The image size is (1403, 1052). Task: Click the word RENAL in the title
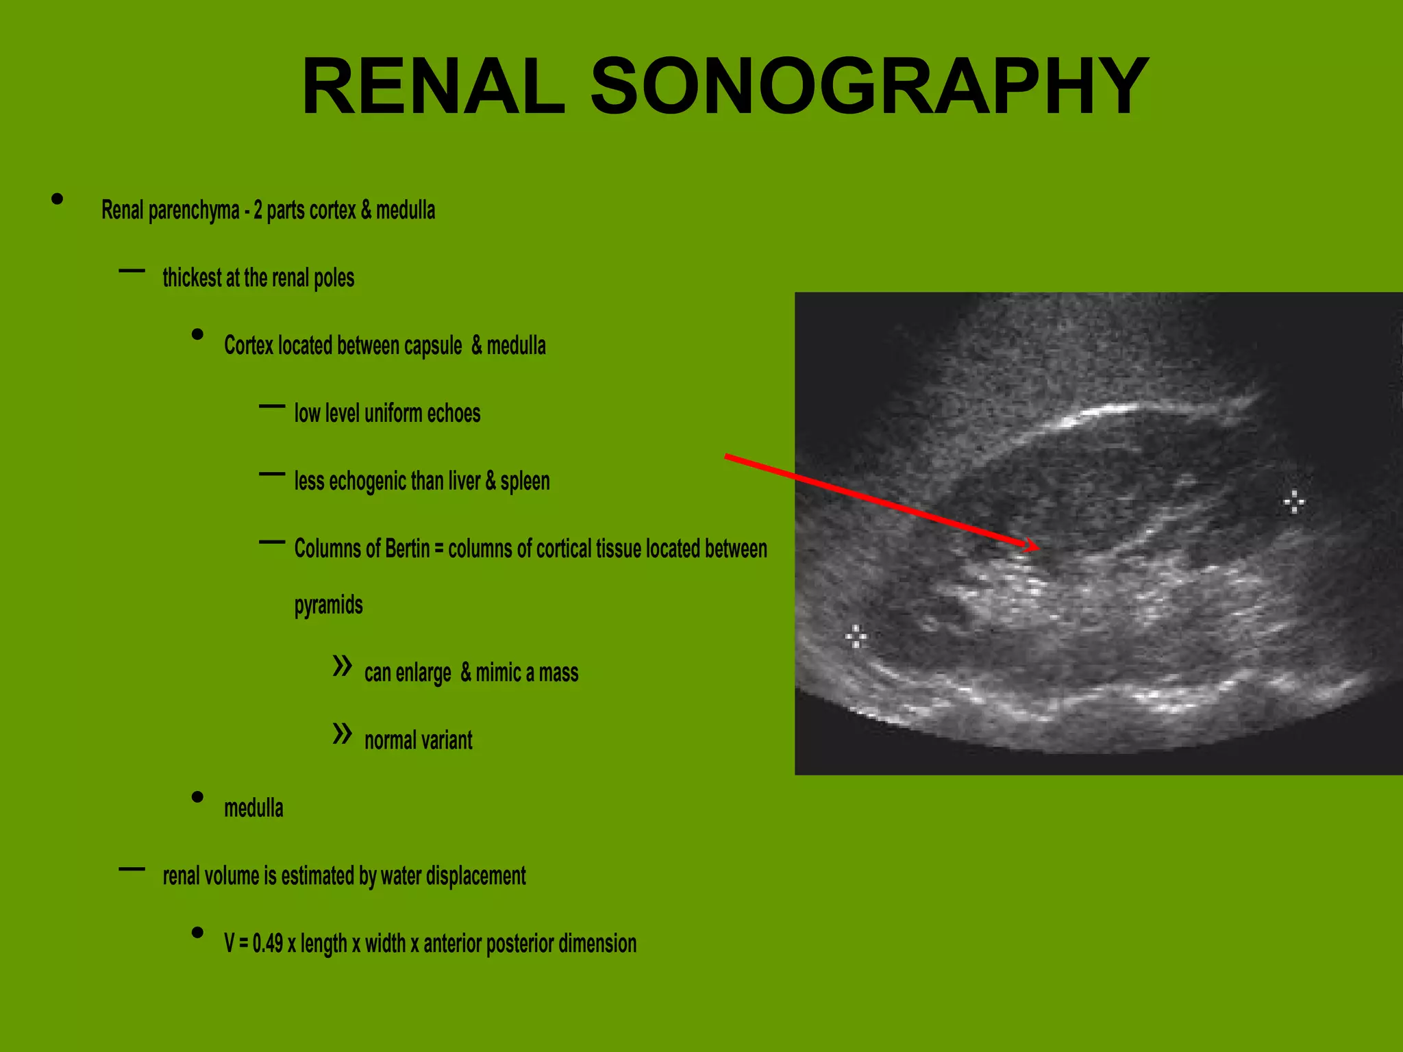click(433, 87)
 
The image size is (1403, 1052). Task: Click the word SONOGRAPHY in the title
click(869, 87)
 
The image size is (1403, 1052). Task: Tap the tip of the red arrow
click(1038, 547)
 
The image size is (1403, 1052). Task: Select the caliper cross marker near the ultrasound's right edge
click(1293, 502)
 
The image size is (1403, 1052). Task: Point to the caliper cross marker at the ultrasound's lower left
click(856, 636)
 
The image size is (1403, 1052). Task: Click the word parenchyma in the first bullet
click(194, 210)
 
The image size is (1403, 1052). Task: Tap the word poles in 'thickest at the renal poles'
click(334, 278)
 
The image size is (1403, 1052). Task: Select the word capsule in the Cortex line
click(432, 346)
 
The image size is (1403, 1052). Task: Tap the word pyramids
click(329, 605)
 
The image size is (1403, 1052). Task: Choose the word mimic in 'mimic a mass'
click(498, 673)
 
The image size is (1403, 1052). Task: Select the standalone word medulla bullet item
click(253, 808)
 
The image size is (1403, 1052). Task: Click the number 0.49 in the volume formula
click(267, 944)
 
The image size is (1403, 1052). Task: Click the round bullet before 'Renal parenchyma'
click(58, 199)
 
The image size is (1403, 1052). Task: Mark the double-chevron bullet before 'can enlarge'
click(342, 665)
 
